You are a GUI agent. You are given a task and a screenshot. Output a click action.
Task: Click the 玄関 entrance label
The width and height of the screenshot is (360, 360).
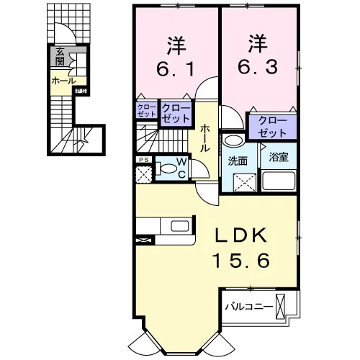pyautogui.click(x=60, y=56)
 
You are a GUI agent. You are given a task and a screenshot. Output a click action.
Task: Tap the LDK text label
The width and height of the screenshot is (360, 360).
pyautogui.click(x=241, y=235)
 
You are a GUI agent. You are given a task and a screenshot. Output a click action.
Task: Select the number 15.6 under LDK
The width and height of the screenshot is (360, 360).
pyautogui.click(x=241, y=261)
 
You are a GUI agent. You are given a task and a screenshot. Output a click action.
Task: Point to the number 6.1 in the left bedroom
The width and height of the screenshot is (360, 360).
pyautogui.click(x=175, y=68)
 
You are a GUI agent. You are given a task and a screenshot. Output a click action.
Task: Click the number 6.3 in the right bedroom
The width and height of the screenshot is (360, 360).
pyautogui.click(x=258, y=66)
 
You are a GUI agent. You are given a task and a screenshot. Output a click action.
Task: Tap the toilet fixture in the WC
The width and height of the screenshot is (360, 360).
pyautogui.click(x=167, y=168)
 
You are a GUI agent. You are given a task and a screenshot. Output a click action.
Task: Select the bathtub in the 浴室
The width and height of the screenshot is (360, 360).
pyautogui.click(x=279, y=181)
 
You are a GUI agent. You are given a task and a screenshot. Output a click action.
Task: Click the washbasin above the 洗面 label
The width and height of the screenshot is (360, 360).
pyautogui.click(x=233, y=140)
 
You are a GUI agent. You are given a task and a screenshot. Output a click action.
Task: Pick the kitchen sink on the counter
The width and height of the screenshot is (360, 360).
pyautogui.click(x=180, y=226)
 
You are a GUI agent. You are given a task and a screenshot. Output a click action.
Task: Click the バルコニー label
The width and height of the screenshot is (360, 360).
pyautogui.click(x=249, y=307)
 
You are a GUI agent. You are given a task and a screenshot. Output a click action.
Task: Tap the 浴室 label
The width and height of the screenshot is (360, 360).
pyautogui.click(x=279, y=157)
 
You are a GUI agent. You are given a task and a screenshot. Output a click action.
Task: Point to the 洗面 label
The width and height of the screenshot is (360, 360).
pyautogui.click(x=238, y=161)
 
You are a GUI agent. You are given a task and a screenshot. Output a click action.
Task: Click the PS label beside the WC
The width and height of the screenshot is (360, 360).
pyautogui.click(x=143, y=160)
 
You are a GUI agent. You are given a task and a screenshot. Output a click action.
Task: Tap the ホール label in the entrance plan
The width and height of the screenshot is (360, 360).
pyautogui.click(x=63, y=81)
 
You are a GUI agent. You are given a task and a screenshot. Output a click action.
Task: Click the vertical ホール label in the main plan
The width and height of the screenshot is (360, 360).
pyautogui.click(x=205, y=138)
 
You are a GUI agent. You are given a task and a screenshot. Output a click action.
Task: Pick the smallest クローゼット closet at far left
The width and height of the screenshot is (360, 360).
pyautogui.click(x=146, y=110)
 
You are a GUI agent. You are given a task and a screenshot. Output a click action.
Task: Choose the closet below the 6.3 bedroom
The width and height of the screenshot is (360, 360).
pyautogui.click(x=273, y=127)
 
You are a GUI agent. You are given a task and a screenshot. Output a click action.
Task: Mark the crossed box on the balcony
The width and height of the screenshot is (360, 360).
pyautogui.click(x=280, y=307)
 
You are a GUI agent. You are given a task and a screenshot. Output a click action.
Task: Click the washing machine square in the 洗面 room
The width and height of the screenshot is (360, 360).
pyautogui.click(x=245, y=182)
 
